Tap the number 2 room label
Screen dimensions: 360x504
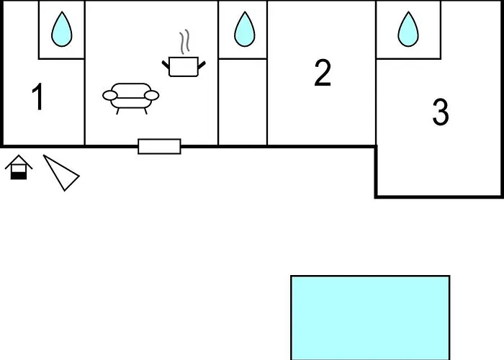(323, 73)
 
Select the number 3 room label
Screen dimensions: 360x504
(440, 112)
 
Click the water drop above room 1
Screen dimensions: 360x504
(62, 30)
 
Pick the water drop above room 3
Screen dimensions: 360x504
(408, 30)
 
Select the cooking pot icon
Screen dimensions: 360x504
(184, 66)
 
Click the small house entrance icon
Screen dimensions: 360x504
(19, 168)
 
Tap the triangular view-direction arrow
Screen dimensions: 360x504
(62, 174)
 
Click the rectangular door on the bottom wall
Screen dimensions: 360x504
(159, 146)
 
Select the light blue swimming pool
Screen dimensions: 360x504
(370, 317)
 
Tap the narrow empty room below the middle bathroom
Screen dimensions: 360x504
(243, 101)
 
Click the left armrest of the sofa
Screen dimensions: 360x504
(109, 95)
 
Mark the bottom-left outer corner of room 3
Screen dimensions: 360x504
(376, 196)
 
